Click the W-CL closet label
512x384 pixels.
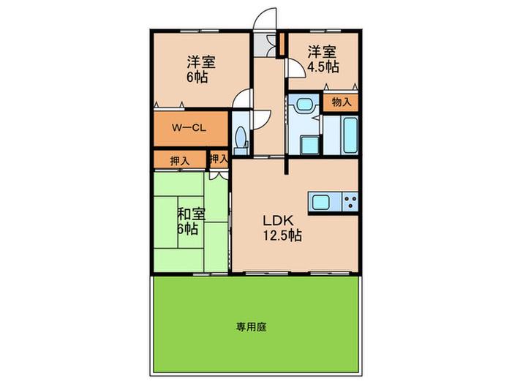point(189,128)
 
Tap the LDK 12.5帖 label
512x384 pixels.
point(282,228)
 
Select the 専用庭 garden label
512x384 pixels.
point(251,327)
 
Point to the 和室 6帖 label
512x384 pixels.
point(191,222)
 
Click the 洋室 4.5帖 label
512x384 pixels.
point(323,59)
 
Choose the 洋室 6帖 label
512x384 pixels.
point(200,69)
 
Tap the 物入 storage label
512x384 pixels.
point(342,102)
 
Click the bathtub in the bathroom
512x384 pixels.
point(350,135)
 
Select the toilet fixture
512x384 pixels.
point(241,140)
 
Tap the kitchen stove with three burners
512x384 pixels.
point(350,202)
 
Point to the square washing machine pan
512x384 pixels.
point(309,145)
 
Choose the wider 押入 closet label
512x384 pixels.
point(180,161)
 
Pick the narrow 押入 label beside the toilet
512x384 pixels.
point(219,159)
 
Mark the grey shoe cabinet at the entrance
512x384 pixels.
point(265,45)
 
